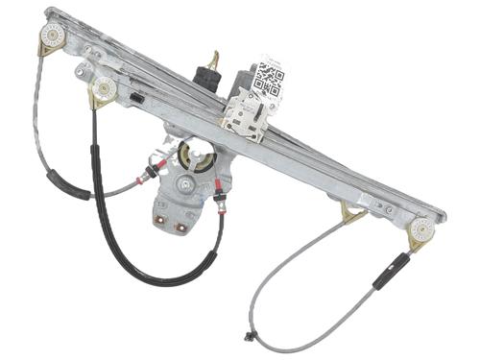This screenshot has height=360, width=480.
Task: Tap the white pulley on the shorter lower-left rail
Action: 103,90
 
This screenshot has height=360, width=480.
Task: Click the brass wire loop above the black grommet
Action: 214,58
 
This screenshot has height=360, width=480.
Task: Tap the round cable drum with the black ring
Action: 196,155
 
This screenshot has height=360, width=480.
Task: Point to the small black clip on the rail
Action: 137,98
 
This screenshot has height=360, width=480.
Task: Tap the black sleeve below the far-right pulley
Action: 391,271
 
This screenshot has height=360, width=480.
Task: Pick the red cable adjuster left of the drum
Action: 149,174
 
